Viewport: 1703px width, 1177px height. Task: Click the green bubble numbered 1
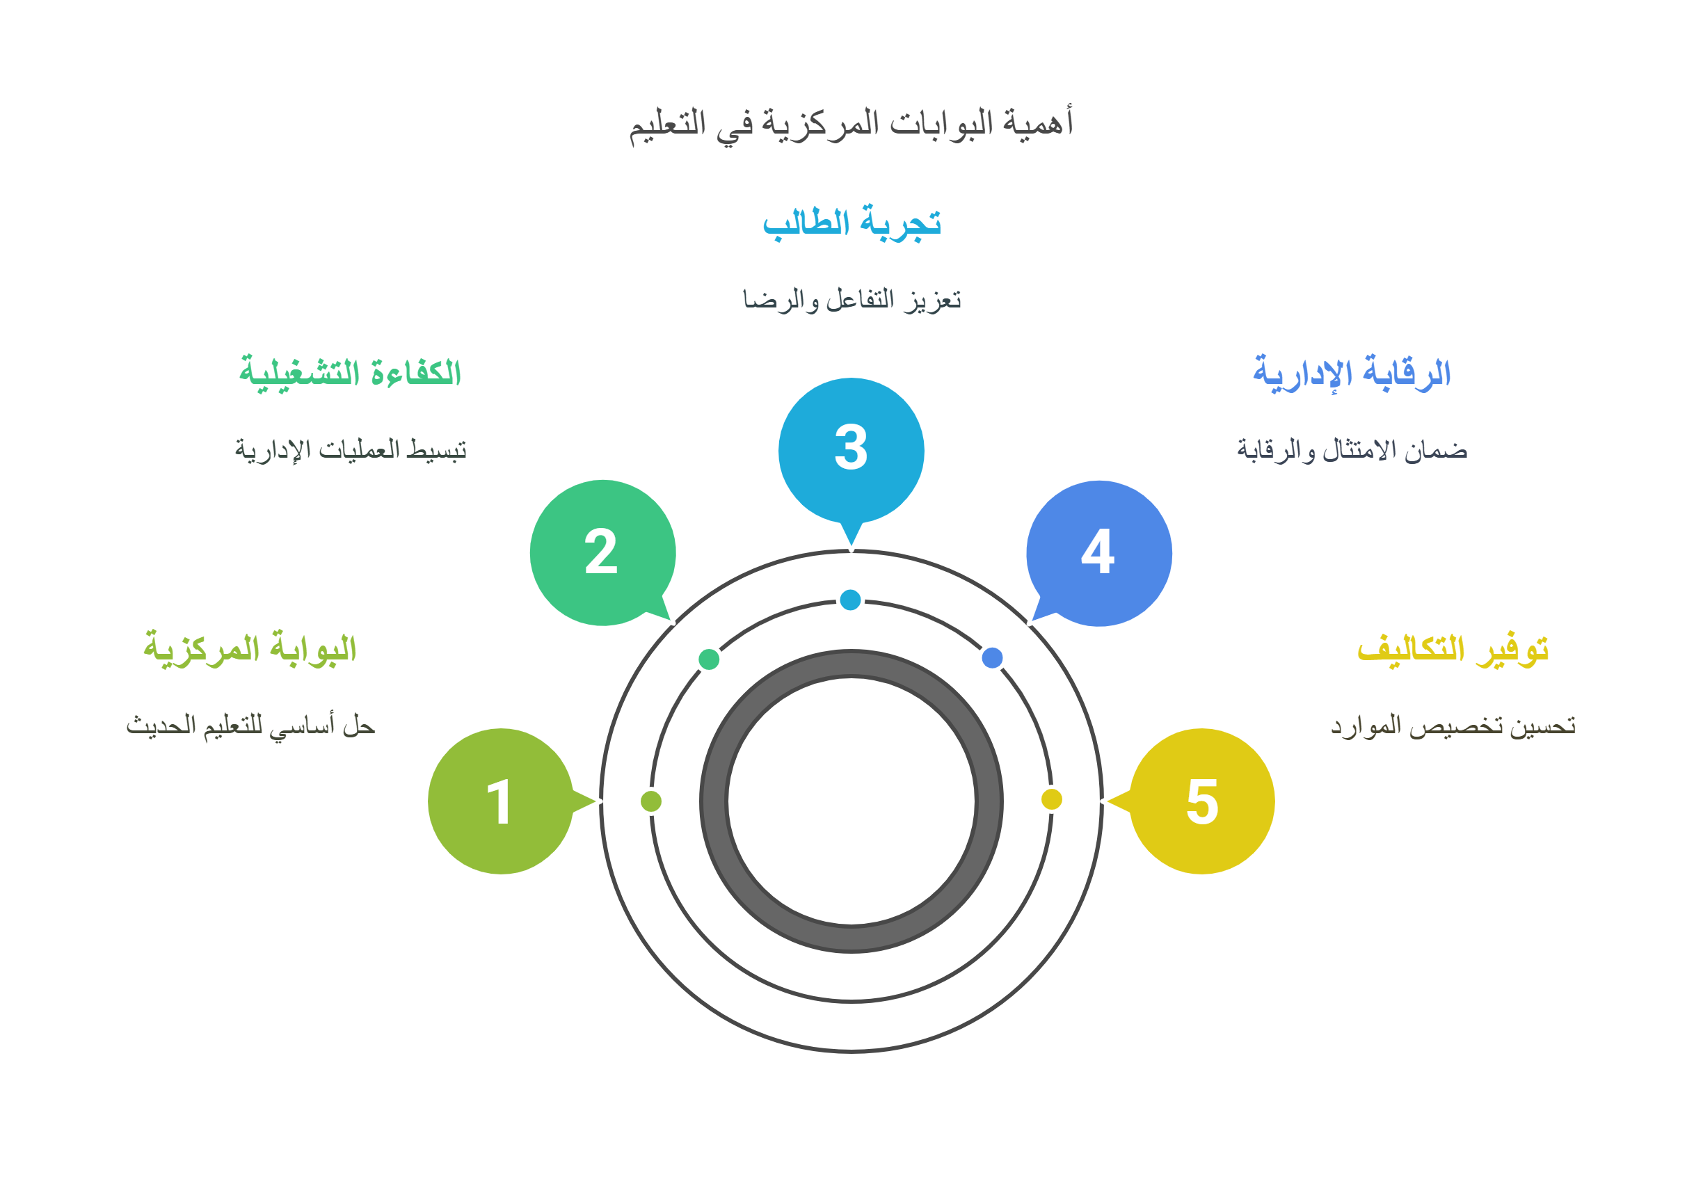point(500,801)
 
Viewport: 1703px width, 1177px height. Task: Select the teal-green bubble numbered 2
point(602,552)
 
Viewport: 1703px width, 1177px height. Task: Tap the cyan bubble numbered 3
point(851,449)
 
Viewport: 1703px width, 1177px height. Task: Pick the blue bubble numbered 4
point(1099,553)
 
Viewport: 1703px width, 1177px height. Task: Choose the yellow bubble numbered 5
point(1202,801)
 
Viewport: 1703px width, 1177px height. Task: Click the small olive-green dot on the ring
point(651,801)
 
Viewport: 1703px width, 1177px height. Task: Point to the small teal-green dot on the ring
point(709,659)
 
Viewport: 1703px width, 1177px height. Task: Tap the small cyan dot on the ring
point(850,600)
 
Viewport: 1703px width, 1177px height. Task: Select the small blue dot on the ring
point(992,657)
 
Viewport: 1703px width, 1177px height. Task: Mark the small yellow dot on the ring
point(1051,799)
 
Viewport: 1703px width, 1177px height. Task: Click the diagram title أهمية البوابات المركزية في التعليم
point(851,124)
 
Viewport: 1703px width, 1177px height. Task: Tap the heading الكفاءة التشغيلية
point(351,373)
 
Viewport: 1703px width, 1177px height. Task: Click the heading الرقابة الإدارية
point(1352,373)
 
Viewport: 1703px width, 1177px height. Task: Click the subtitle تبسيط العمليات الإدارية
point(351,450)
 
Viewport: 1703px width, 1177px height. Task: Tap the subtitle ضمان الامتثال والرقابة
point(1352,450)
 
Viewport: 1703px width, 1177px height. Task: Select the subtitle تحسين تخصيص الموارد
point(1453,726)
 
